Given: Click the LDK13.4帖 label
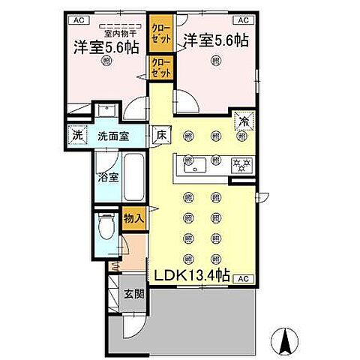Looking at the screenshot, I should tap(192, 276).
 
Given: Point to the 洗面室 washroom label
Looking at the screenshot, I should tap(114, 136).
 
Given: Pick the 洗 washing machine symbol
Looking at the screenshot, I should tap(77, 136).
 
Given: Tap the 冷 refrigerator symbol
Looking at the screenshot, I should tap(244, 118).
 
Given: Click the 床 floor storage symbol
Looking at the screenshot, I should tap(160, 136).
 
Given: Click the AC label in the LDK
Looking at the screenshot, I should tap(242, 279).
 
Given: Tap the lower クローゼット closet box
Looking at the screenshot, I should tap(160, 67).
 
